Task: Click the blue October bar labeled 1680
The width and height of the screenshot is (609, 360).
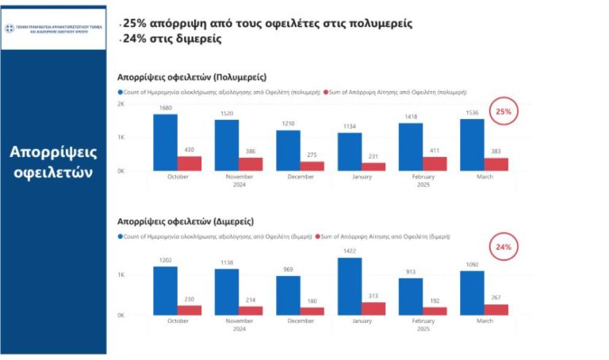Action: pos(165,142)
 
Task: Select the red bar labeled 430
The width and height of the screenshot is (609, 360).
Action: pos(190,163)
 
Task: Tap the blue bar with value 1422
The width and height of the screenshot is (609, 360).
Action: pos(350,286)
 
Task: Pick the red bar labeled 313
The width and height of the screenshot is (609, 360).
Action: pos(373,308)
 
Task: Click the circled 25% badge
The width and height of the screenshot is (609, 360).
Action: pos(503,112)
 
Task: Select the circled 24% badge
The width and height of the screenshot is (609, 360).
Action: pos(503,247)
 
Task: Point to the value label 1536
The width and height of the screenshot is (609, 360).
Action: pos(472,113)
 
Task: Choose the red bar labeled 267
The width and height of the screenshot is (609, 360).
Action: pos(496,309)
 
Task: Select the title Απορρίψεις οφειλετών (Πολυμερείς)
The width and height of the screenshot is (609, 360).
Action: pos(191,78)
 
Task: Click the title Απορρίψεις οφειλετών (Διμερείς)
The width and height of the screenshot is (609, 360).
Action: pos(186,221)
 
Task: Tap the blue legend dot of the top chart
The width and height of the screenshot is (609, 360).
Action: pos(120,93)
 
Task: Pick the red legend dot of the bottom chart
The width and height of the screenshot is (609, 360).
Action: pos(318,236)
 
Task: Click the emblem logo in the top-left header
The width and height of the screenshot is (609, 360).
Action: pos(10,29)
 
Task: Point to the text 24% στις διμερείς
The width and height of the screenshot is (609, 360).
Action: pos(171,39)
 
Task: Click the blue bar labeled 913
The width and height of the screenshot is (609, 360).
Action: pos(411,296)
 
